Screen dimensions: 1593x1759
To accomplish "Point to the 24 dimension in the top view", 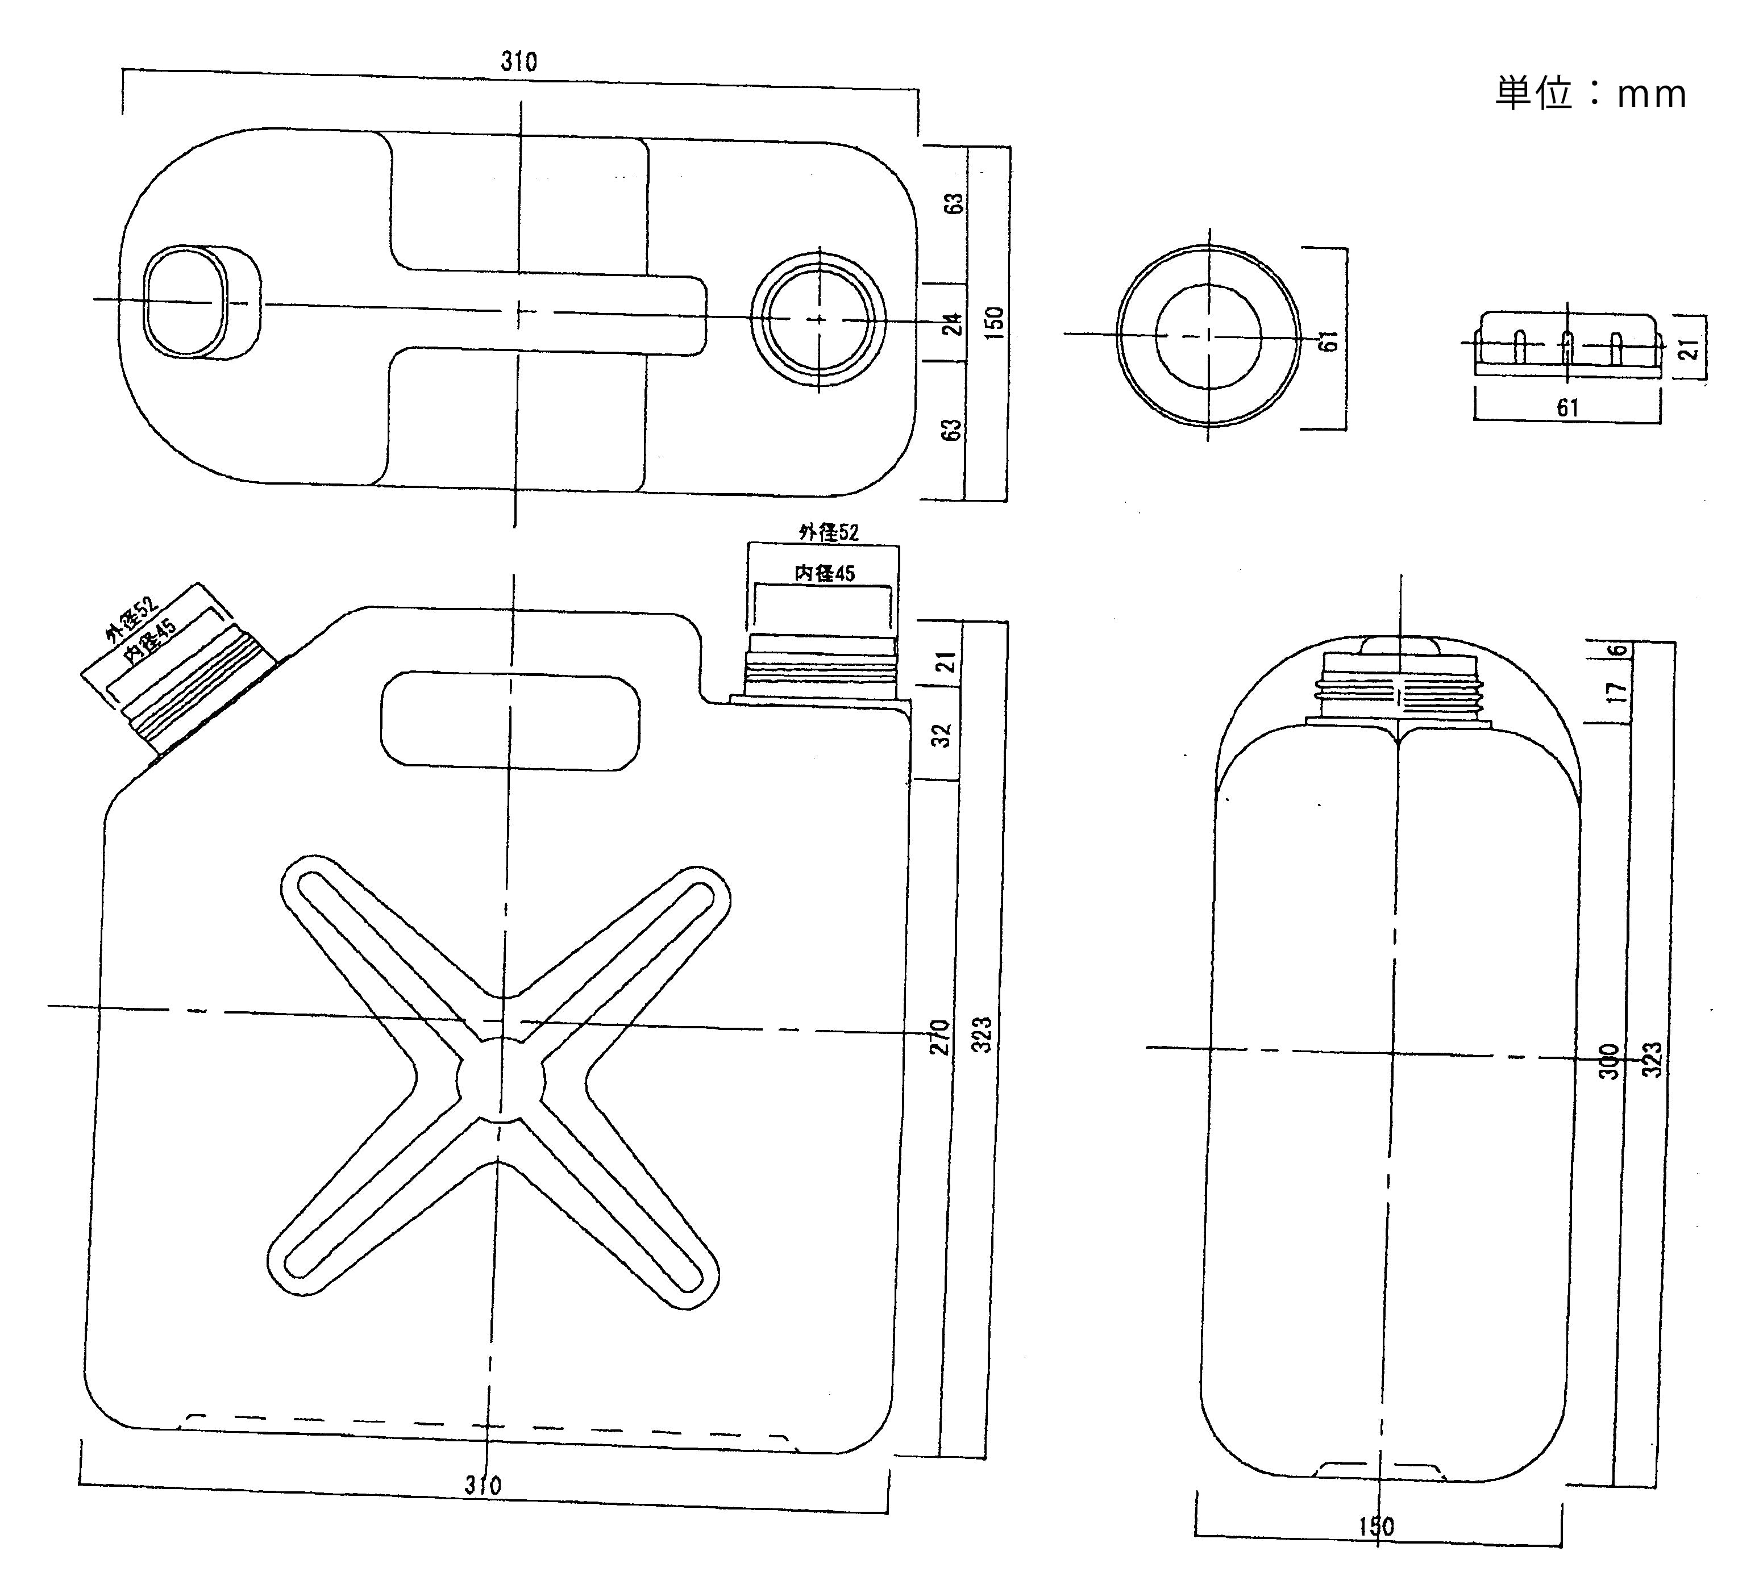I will coord(955,324).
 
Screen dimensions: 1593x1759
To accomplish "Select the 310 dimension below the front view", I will coord(483,1485).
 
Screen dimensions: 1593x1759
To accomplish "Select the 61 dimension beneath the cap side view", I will coord(1568,407).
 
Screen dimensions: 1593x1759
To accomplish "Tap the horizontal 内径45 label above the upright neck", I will coord(825,573).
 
